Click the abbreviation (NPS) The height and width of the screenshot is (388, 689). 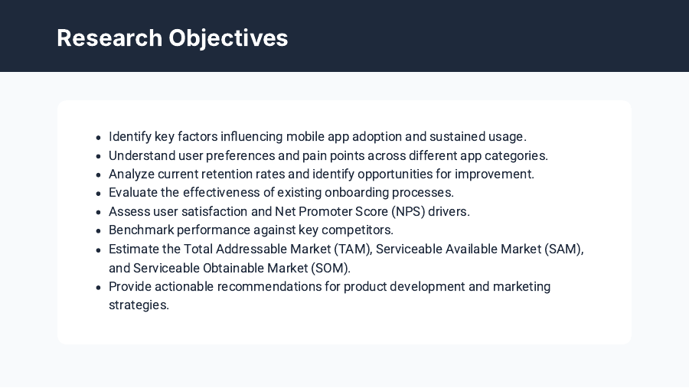(407, 211)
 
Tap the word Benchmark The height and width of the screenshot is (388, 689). (140, 230)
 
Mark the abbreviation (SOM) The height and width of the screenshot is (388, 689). (330, 268)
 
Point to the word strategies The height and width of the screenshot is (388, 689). (139, 305)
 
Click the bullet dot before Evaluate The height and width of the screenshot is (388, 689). (99, 194)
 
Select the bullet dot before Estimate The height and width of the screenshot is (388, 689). (99, 250)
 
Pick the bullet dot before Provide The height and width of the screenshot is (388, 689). (99, 288)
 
